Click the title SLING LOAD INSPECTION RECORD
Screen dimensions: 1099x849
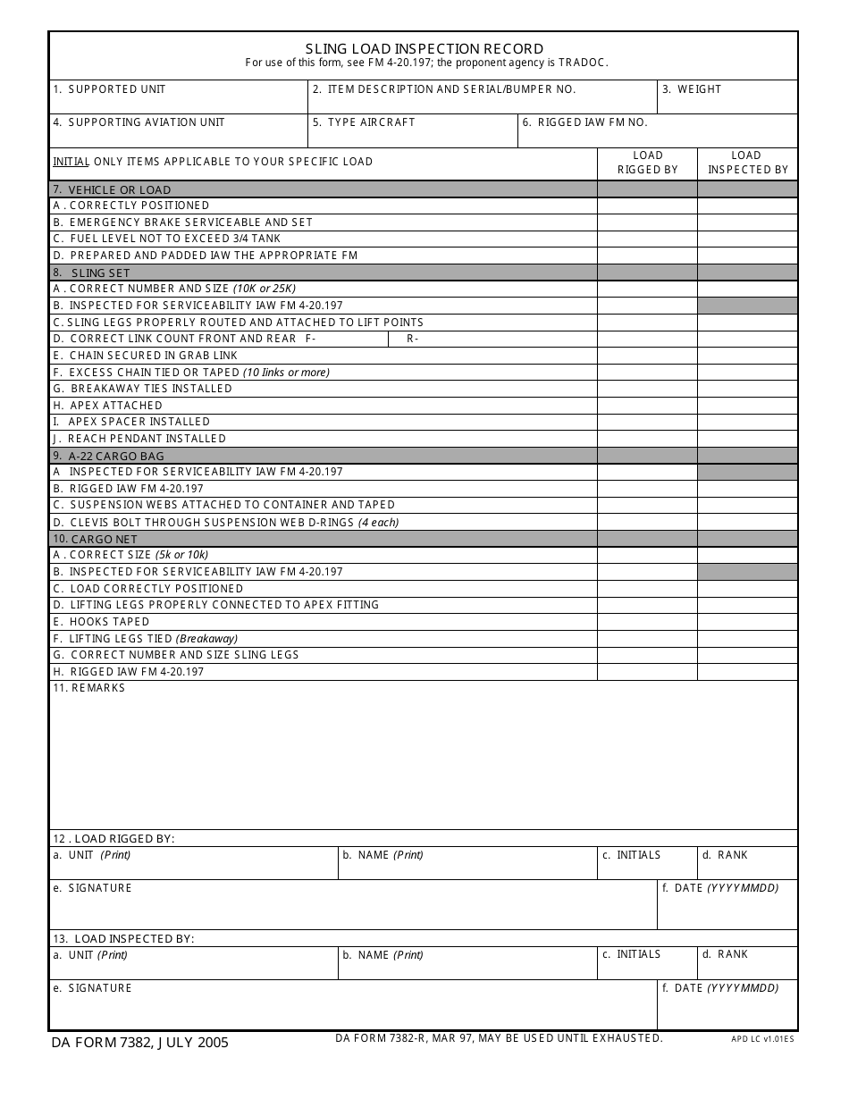point(424,48)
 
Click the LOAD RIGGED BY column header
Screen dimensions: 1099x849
point(647,163)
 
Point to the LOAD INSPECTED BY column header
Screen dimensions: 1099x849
point(747,163)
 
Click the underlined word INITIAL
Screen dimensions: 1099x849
point(71,162)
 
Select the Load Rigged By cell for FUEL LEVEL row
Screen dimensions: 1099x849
point(647,239)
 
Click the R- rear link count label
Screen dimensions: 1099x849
point(413,339)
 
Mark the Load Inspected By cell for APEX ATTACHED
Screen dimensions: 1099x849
point(747,406)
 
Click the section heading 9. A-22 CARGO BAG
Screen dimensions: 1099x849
point(116,456)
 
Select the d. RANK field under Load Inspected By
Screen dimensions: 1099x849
point(747,964)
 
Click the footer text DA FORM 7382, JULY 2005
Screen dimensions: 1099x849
point(139,1042)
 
